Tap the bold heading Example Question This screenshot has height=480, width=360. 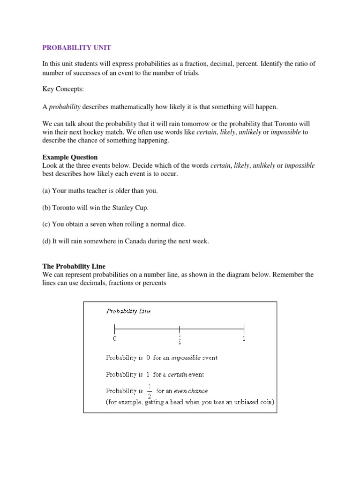pos(70,157)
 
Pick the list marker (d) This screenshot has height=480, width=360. pos(46,241)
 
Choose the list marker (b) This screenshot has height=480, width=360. pos(46,208)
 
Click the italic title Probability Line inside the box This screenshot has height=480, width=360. pos(128,311)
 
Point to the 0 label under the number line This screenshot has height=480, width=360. pos(114,338)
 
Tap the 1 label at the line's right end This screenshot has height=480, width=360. pos(244,338)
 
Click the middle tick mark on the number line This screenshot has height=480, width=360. pos(179,328)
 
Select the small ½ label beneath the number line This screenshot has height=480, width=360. pos(179,339)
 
